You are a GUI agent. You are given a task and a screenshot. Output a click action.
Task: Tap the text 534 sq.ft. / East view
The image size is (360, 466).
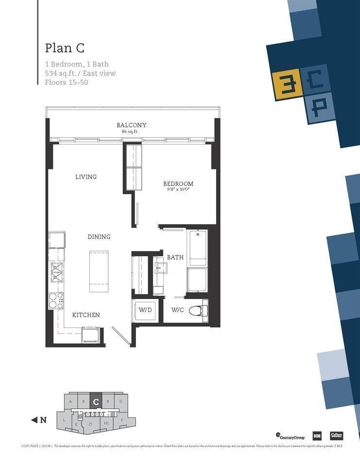click(x=80, y=73)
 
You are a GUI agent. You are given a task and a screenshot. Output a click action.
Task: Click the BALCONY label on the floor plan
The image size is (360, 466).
click(x=131, y=125)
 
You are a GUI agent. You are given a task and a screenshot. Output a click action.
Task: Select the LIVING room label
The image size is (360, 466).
click(x=86, y=177)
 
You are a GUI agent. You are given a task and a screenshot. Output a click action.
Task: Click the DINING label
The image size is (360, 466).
click(x=99, y=237)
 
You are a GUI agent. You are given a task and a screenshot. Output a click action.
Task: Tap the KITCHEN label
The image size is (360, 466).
click(x=86, y=315)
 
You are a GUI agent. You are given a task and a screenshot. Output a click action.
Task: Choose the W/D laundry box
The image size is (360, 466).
click(x=144, y=310)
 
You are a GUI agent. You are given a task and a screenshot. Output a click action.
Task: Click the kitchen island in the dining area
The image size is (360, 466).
click(x=99, y=271)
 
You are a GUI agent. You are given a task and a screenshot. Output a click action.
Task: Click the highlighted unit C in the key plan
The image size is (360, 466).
click(x=96, y=401)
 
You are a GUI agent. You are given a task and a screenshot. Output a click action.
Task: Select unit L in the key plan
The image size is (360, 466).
click(x=64, y=419)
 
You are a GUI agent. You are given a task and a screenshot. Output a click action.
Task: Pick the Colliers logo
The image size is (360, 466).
click(x=337, y=435)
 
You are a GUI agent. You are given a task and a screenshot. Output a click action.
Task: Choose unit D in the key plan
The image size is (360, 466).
click(x=120, y=401)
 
